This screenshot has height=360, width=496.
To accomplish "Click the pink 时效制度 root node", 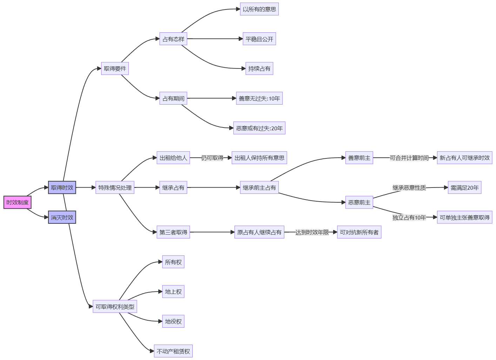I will pyautogui.click(x=18, y=202).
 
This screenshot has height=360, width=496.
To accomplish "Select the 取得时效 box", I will pyautogui.click(x=62, y=188).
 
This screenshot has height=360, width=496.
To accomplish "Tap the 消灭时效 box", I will pyautogui.click(x=62, y=217).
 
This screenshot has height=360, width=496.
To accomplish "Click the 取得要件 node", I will pyautogui.click(x=115, y=68).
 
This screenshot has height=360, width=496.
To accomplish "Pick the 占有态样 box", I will pyautogui.click(x=173, y=39).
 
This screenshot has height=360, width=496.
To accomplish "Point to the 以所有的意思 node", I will pyautogui.click(x=259, y=9).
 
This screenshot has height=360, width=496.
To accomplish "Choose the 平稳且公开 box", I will pyautogui.click(x=259, y=39).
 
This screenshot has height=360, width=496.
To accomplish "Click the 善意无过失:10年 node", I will pyautogui.click(x=259, y=98).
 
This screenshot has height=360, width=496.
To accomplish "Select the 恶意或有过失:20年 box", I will pyautogui.click(x=259, y=128).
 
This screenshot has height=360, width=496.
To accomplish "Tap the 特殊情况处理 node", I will pyautogui.click(x=115, y=188).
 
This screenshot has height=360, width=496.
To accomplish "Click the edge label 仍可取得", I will pyautogui.click(x=212, y=158).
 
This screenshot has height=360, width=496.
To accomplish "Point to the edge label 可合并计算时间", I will pyautogui.click(x=409, y=158).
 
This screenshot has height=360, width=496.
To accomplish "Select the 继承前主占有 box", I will pyautogui.click(x=259, y=188).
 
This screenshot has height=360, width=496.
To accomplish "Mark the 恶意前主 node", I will pyautogui.click(x=359, y=202).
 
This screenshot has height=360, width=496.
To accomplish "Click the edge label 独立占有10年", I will pyautogui.click(x=409, y=217).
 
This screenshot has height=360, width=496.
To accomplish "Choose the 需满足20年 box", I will pyautogui.click(x=464, y=188).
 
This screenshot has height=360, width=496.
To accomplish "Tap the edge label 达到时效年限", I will pyautogui.click(x=312, y=232).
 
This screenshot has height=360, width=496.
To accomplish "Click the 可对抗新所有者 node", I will pyautogui.click(x=359, y=232).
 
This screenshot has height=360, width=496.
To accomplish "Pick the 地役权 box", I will pyautogui.click(x=173, y=321).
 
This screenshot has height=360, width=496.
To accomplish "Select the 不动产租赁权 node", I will pyautogui.click(x=173, y=351).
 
